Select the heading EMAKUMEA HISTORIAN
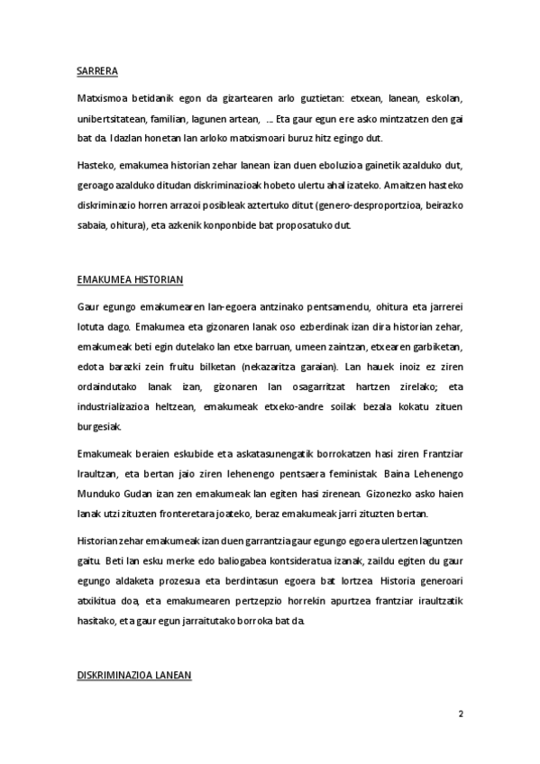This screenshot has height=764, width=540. coord(130,280)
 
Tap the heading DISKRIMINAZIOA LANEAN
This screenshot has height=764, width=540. coord(134,675)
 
